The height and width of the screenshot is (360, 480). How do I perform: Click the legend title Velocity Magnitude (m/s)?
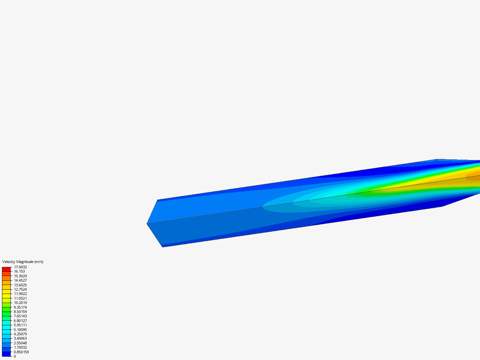point(23,262)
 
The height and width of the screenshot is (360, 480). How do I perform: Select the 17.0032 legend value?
point(20,267)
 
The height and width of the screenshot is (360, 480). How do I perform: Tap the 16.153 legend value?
point(19,271)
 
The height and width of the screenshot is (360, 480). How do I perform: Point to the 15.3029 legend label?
point(20,276)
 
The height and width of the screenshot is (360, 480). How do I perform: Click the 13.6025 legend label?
point(20,285)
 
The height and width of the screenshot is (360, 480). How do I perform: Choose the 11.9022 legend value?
point(20,294)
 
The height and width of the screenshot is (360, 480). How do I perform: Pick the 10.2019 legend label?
point(20,303)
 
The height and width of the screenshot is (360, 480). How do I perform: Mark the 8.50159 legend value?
point(20,312)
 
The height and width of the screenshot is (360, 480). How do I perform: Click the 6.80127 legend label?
point(20,321)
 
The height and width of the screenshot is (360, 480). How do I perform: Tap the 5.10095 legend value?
point(20,330)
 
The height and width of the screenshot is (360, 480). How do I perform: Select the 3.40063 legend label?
point(20,338)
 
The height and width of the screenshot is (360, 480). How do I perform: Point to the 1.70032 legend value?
point(20,347)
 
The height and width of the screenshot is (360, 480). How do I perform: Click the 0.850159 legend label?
point(21,352)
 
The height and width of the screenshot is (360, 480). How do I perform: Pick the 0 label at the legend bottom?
point(15,356)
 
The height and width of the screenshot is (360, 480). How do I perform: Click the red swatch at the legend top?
point(6,269)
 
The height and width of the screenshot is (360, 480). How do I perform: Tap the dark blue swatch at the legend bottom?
point(6,354)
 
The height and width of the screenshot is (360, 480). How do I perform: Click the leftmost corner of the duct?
point(147,224)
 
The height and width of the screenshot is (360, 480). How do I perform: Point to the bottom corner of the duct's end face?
point(162,247)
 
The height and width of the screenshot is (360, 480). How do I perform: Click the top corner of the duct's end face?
point(158,200)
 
